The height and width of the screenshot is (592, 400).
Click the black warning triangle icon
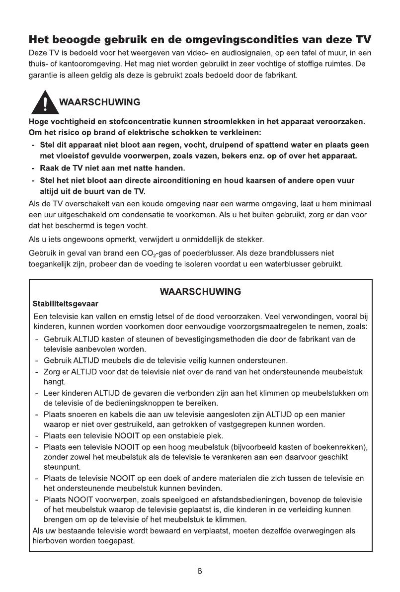point(43,103)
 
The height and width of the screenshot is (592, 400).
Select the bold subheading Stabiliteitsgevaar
point(65,303)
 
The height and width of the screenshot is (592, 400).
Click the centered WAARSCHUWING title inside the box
point(200,291)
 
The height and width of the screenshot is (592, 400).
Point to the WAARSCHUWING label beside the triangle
point(99,103)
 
